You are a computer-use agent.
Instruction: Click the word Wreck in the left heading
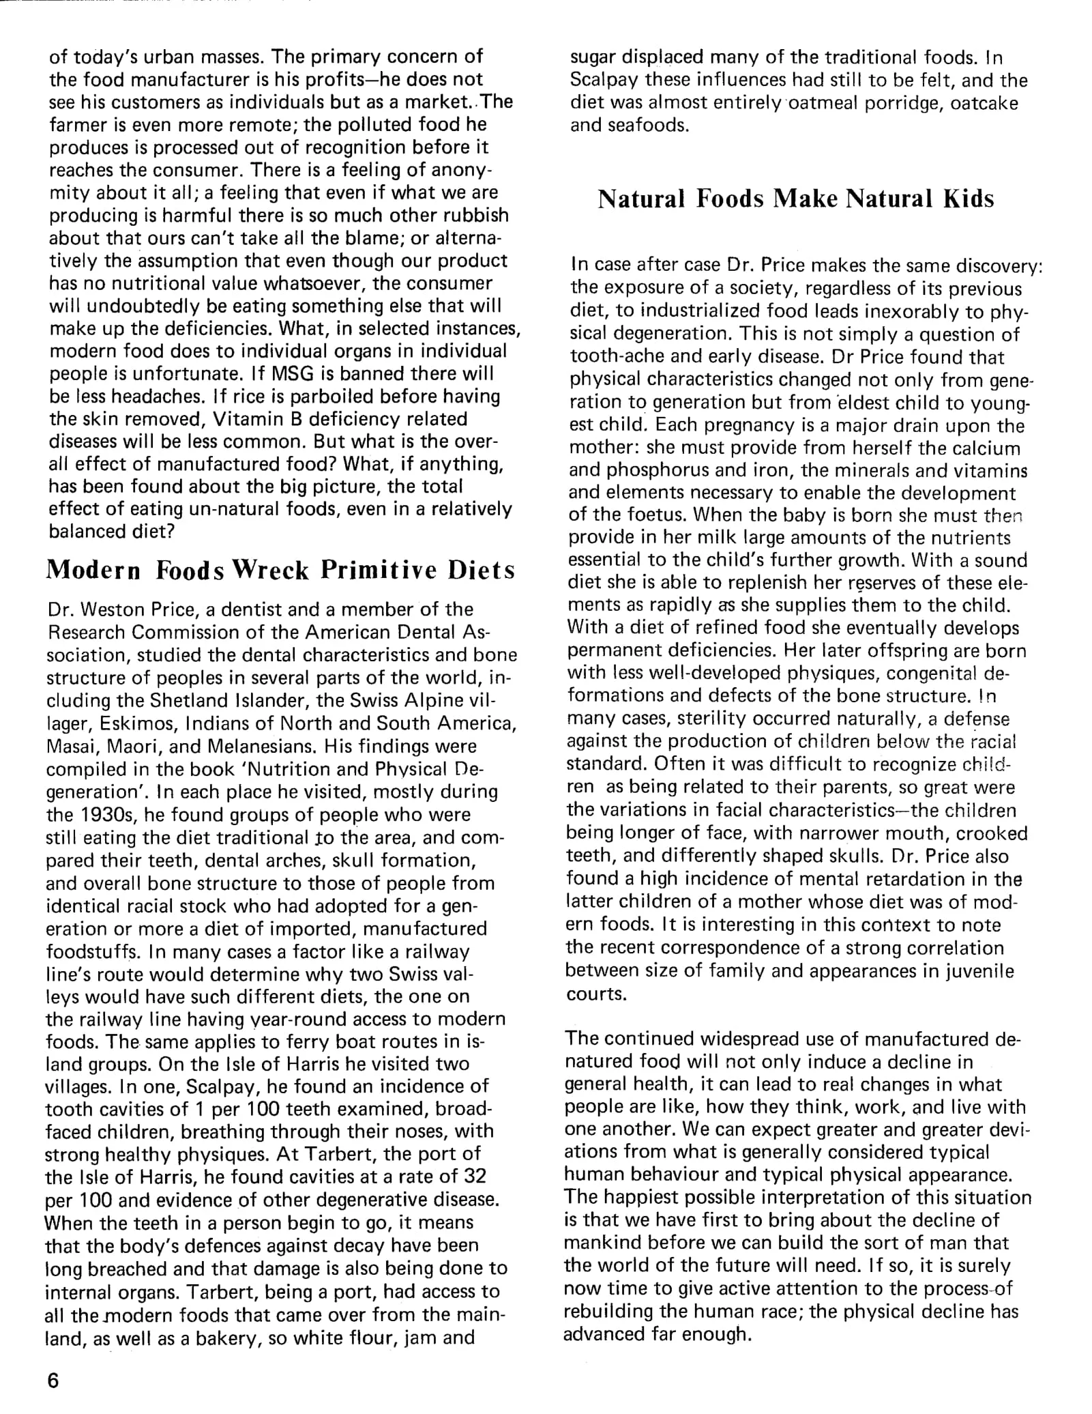(271, 570)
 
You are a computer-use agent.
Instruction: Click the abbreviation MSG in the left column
(293, 374)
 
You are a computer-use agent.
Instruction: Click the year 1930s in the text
(105, 815)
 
